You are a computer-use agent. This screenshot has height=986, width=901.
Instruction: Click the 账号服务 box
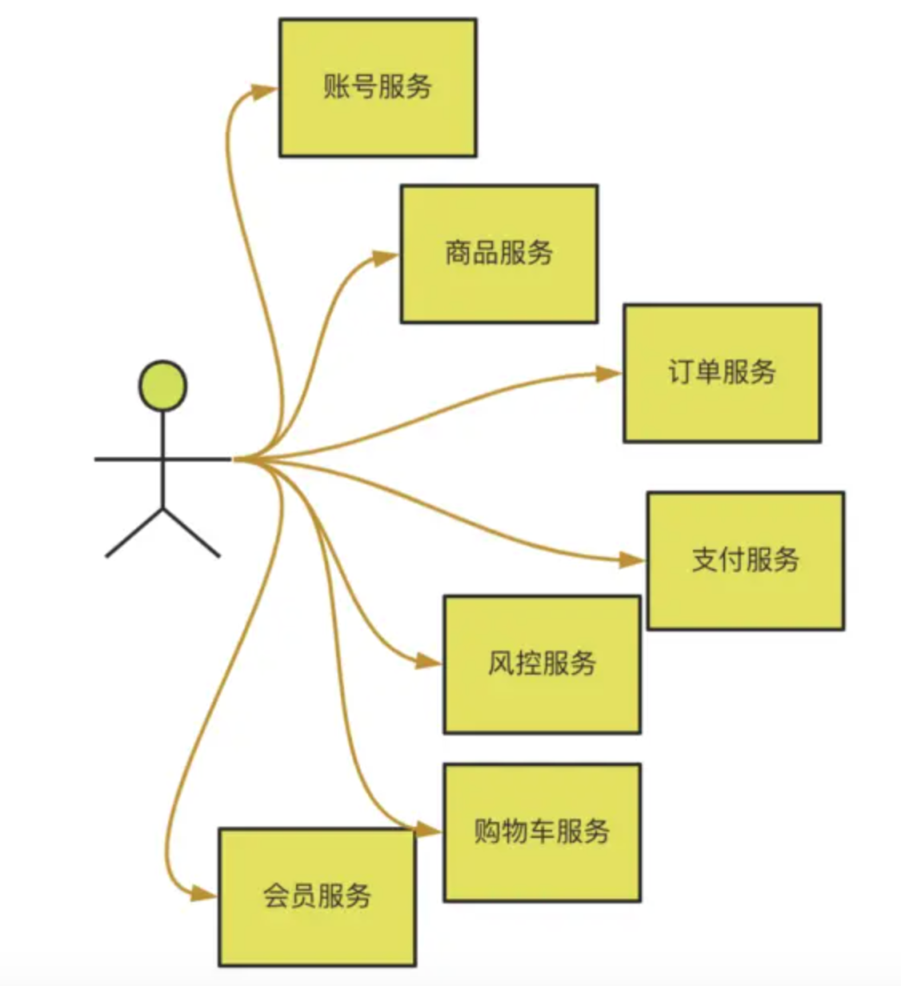[x=378, y=88]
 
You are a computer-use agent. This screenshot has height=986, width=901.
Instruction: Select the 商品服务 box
[x=499, y=255]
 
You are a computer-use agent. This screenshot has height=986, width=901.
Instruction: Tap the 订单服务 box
[x=722, y=373]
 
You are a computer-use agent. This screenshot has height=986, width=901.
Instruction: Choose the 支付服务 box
[x=745, y=561]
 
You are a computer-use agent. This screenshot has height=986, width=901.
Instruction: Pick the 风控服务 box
[x=542, y=664]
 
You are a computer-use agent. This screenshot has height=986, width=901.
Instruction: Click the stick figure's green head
[x=163, y=386]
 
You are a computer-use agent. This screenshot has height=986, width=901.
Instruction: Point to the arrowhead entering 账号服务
[x=264, y=91]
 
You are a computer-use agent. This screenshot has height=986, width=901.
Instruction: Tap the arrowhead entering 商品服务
[x=386, y=258]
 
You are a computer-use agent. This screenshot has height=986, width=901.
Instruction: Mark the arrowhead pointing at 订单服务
[x=608, y=374]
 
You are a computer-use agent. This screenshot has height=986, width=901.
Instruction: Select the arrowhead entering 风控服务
[x=429, y=662]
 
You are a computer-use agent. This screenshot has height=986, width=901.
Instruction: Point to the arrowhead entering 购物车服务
[x=429, y=831]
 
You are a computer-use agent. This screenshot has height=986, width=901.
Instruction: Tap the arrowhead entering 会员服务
[x=204, y=894]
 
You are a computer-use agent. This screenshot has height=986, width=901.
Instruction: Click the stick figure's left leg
[x=134, y=532]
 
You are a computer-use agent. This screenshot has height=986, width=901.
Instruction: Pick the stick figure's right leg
[x=192, y=532]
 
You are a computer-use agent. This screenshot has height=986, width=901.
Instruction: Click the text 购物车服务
[x=542, y=832]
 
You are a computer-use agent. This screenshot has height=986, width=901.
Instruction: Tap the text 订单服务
[x=722, y=372]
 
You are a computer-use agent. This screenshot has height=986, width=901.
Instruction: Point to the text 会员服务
[x=317, y=896]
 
